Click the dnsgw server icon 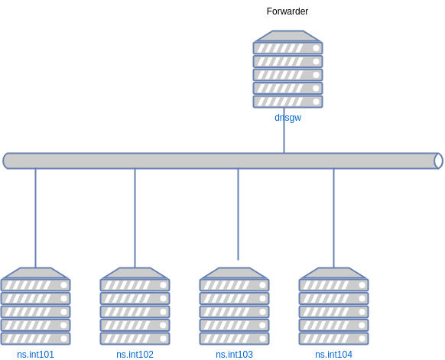[287, 70]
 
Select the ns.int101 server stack [35, 306]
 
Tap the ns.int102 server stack [135, 306]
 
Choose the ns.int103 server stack [234, 306]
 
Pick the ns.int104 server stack [333, 306]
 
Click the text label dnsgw [287, 118]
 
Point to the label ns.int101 [35, 355]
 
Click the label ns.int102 [135, 355]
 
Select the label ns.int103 [234, 355]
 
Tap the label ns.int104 [333, 355]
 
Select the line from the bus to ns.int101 [35, 218]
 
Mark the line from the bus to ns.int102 [135, 218]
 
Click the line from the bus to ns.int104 [333, 218]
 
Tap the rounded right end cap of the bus [438, 161]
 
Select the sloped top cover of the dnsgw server [287, 36]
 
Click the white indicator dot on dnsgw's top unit [315, 48]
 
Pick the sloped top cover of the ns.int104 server [333, 273]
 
